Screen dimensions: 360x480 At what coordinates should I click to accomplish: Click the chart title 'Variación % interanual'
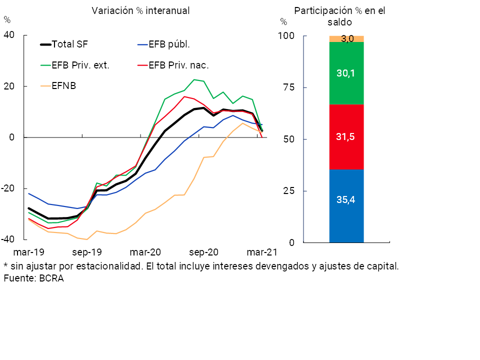point(140,10)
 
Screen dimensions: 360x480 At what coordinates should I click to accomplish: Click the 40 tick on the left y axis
point(9,34)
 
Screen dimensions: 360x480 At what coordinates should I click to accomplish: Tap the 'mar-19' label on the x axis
point(28,252)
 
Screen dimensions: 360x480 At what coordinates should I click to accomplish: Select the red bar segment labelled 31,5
point(346,137)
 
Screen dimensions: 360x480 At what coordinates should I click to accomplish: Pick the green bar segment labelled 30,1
point(346,73)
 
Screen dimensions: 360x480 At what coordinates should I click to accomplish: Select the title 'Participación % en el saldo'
point(340,16)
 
